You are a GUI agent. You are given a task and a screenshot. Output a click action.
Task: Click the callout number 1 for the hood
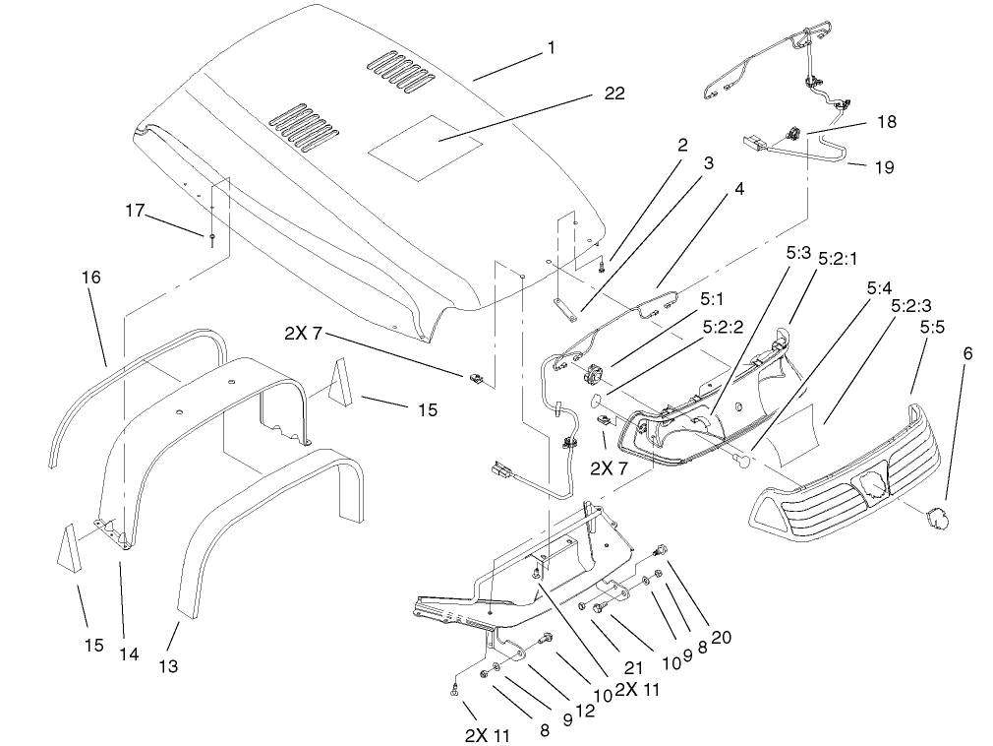click(x=551, y=47)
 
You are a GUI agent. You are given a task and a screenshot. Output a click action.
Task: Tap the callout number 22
click(x=613, y=93)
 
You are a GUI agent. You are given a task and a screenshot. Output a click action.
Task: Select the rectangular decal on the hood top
click(x=425, y=149)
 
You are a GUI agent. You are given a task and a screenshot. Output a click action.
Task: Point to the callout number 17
click(x=135, y=210)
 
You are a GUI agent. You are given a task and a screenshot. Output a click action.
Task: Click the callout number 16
click(x=90, y=279)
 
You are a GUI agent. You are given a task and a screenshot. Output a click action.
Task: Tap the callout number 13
click(x=168, y=666)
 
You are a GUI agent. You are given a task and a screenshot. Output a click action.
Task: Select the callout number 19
click(x=884, y=167)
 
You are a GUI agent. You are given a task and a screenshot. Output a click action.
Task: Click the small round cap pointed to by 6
click(x=934, y=515)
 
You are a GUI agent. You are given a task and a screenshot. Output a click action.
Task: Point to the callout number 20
click(x=721, y=637)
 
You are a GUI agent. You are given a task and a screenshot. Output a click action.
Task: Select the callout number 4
click(x=738, y=189)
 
